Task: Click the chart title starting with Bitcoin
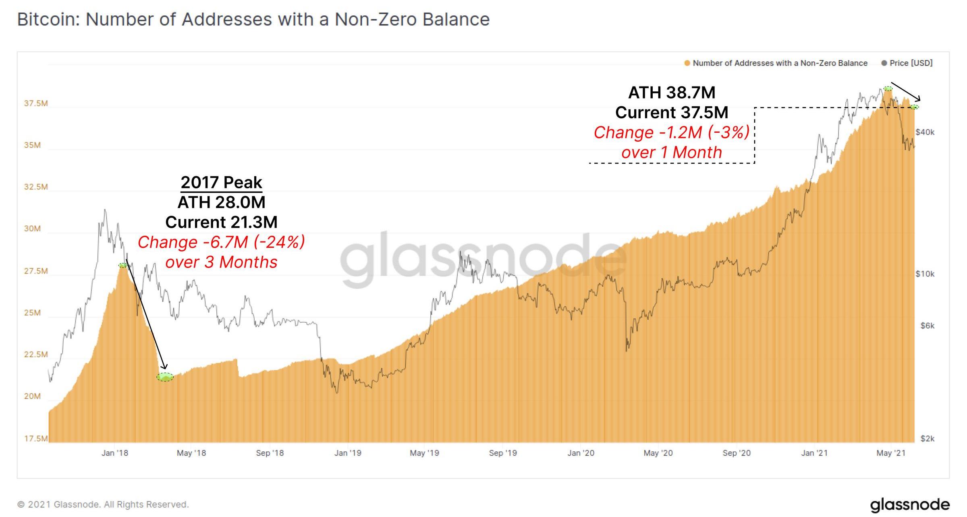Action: coord(253,19)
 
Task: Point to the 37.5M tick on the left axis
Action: coord(36,103)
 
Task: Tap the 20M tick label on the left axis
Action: coord(32,396)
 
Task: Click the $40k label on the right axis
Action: coord(925,132)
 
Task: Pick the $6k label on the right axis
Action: coord(927,325)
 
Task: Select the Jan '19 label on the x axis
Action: coord(348,453)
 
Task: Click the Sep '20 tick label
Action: coord(737,453)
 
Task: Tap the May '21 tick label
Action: coord(891,453)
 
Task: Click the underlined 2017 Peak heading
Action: coord(221,182)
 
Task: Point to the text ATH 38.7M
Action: coord(672,93)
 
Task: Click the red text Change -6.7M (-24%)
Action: coord(221,242)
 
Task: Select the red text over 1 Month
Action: coord(672,152)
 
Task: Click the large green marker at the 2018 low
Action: coord(165,377)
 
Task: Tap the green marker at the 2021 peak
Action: coord(888,89)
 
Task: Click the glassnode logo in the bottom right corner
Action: coord(909,505)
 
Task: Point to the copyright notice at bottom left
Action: coord(103,505)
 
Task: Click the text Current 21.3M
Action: coord(221,222)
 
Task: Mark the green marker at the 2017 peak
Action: coord(123,265)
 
